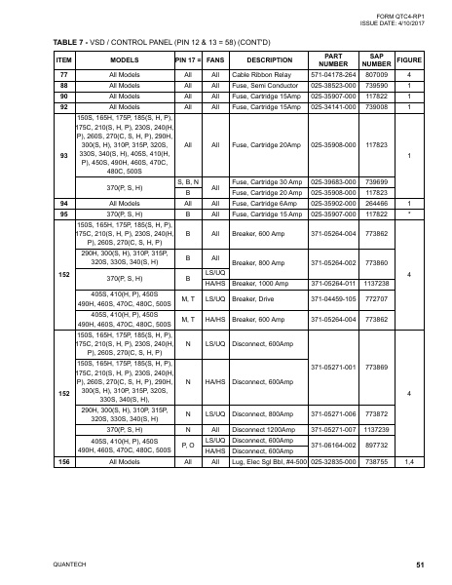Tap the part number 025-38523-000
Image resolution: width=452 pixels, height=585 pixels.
(333, 86)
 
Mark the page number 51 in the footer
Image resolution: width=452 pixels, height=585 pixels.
(419, 565)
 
